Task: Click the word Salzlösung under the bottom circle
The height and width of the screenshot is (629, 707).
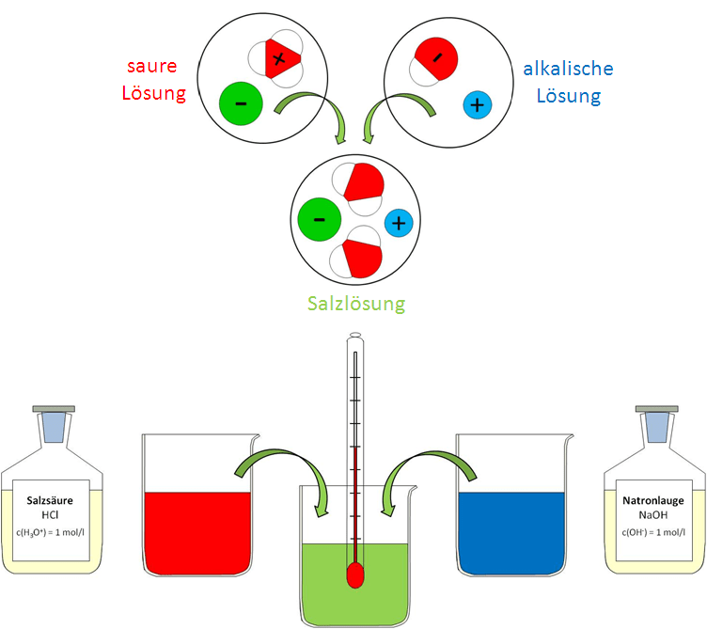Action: (x=356, y=304)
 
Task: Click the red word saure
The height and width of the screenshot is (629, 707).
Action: (x=156, y=68)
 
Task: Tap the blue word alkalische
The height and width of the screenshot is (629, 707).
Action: (x=568, y=69)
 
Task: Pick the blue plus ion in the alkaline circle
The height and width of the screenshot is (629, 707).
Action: (x=477, y=105)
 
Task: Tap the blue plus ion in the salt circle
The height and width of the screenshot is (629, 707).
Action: (x=399, y=223)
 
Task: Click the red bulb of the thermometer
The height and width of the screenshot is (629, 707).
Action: (x=355, y=574)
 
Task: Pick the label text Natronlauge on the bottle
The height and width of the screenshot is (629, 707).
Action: (x=653, y=501)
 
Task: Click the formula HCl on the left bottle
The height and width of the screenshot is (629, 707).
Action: (x=51, y=516)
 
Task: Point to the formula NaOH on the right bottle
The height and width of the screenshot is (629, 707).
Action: (x=652, y=516)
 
